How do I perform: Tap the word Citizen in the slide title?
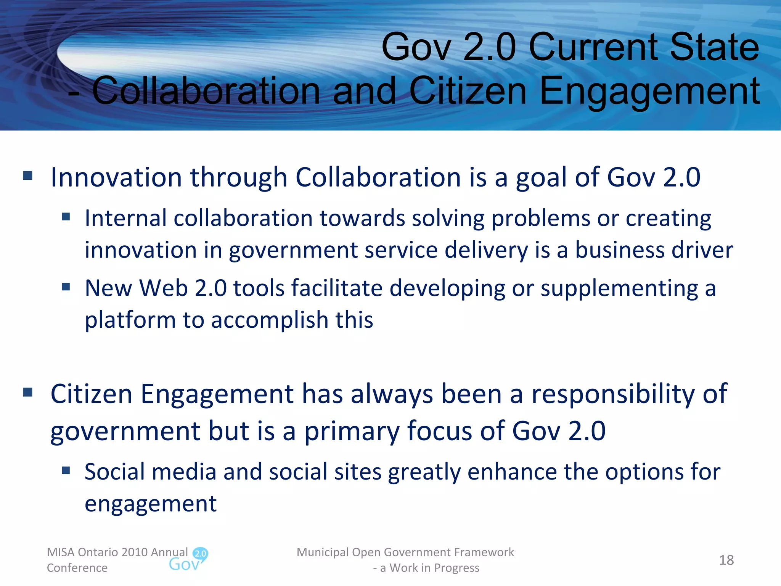[x=468, y=91]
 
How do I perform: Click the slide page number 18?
[x=726, y=560]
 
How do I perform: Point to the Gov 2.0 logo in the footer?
[x=188, y=560]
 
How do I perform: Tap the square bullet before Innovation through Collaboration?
[x=28, y=176]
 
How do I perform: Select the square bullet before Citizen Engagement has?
[x=28, y=392]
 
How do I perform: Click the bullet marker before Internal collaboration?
[x=66, y=217]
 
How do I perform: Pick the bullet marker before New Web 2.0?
[x=66, y=287]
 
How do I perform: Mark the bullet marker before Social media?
[x=66, y=470]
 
